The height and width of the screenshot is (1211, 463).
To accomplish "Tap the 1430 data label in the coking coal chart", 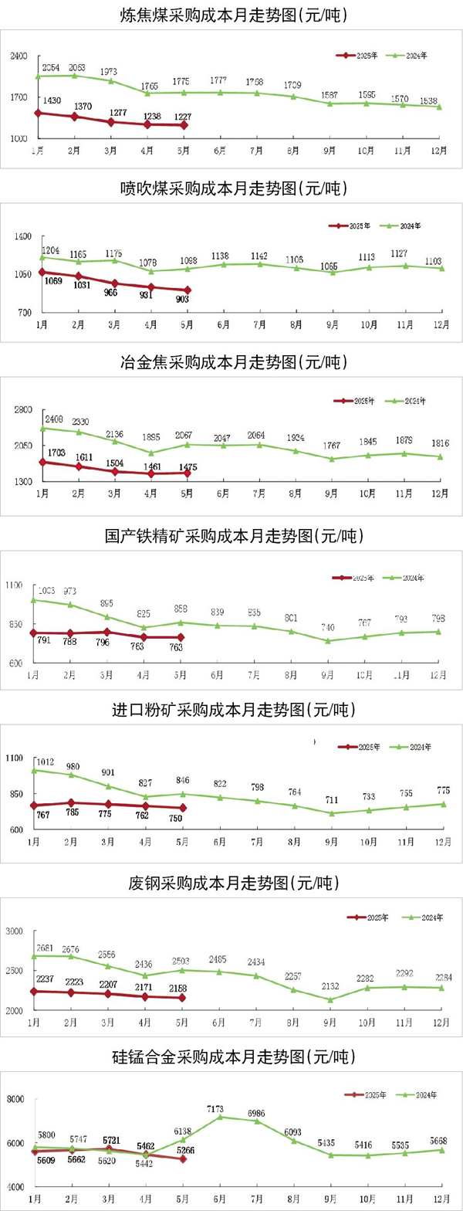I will click(52, 101).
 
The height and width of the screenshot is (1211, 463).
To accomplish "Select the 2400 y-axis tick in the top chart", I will click(19, 56).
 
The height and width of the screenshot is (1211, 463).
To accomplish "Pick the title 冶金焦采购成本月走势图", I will click(231, 361).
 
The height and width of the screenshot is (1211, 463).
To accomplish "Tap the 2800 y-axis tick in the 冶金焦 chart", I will click(22, 410).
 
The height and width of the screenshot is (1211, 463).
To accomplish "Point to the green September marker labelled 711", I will click(332, 813).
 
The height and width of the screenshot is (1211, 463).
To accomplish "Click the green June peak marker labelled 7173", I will click(221, 1116).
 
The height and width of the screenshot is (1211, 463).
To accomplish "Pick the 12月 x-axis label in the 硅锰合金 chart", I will click(442, 1199).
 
